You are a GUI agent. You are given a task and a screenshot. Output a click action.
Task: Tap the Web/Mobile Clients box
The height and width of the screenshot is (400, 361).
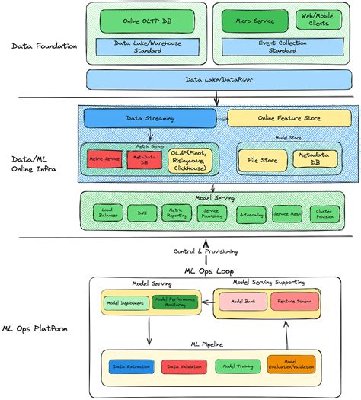[318, 19]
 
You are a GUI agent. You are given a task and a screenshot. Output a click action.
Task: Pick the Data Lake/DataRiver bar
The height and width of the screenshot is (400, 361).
[217, 78]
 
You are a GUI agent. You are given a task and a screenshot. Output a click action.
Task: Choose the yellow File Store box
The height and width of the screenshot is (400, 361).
[262, 159]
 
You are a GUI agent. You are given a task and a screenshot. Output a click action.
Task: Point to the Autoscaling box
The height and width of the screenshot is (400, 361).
[251, 215]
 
